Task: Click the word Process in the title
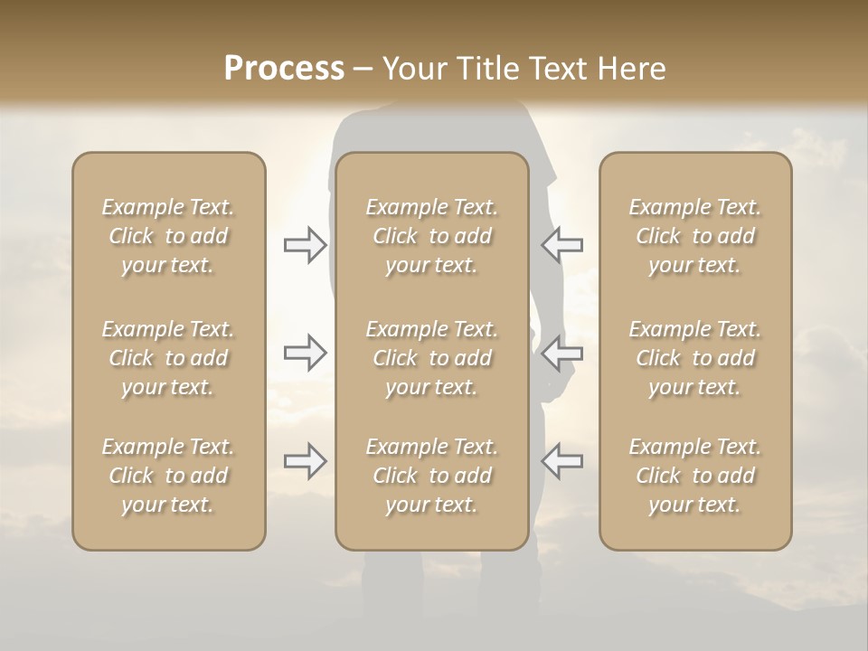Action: point(284,69)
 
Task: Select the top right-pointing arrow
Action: point(305,245)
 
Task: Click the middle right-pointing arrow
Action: point(305,353)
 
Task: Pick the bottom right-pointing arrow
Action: point(305,461)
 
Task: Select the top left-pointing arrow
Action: point(561,245)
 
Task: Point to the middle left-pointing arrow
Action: point(561,353)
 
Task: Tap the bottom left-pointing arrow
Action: point(561,461)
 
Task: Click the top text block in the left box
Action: point(168,236)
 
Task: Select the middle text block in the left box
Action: point(168,358)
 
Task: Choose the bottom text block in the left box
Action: point(168,476)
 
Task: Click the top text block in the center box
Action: point(432,236)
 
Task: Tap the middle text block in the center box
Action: point(432,358)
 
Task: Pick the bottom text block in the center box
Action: point(432,476)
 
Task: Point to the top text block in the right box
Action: point(695,236)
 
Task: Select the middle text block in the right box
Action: point(695,358)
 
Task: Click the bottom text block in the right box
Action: point(695,476)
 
